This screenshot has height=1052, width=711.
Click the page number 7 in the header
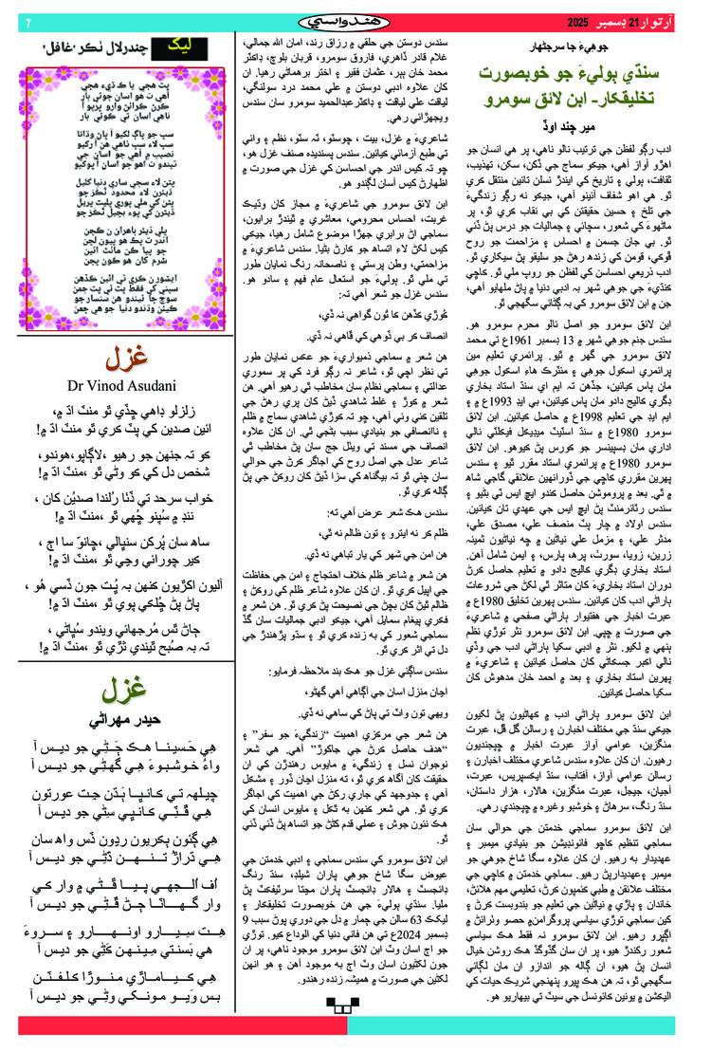click(x=28, y=22)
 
